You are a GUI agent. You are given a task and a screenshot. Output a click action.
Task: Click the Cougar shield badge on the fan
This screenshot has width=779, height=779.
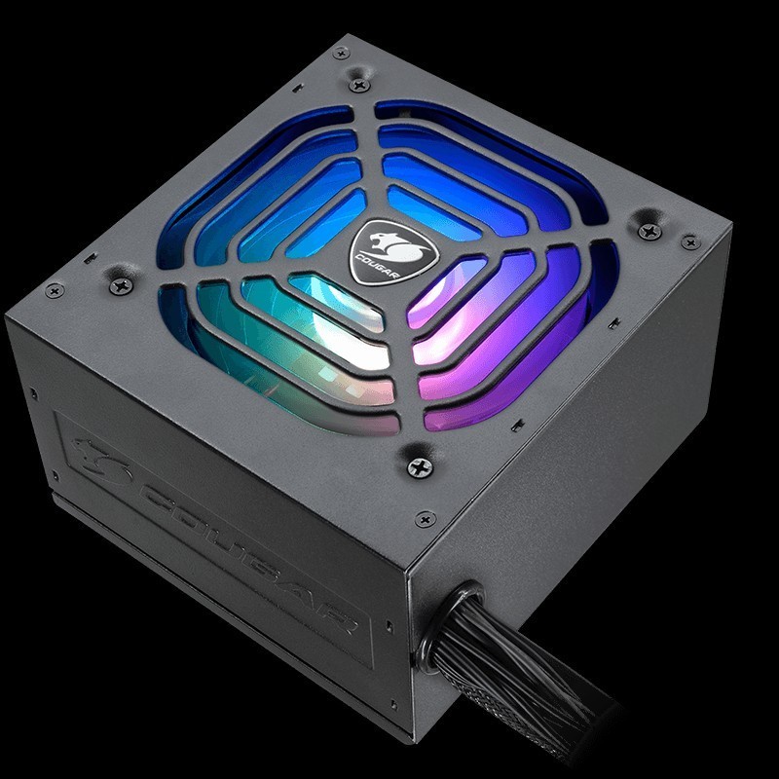(x=393, y=252)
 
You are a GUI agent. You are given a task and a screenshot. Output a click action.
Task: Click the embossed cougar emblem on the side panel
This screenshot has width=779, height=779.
(x=101, y=460)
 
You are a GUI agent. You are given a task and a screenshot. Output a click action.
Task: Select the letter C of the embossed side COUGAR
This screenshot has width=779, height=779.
(x=159, y=501)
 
